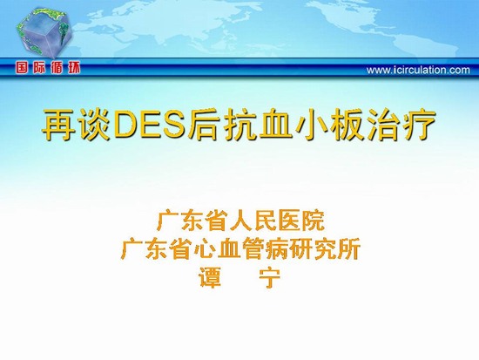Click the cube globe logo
point(44,33)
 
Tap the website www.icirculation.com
point(418,70)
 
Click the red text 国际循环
point(48,68)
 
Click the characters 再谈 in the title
point(77,126)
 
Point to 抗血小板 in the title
point(293,126)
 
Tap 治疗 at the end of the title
point(401,126)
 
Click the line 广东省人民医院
point(240,221)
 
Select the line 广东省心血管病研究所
point(240,249)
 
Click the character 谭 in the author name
point(210,277)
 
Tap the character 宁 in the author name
point(269,278)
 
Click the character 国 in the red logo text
point(22,68)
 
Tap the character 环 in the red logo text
point(74,68)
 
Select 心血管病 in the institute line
point(240,249)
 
